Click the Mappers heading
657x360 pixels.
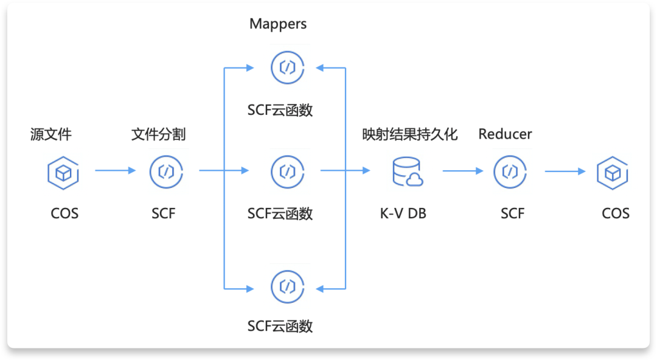[278, 24]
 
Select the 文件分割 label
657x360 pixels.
[159, 134]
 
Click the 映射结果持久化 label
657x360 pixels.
[409, 134]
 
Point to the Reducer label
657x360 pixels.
[505, 134]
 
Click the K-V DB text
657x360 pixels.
[403, 213]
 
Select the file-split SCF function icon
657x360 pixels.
[166, 171]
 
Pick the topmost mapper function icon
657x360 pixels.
[287, 67]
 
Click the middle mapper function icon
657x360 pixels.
[287, 171]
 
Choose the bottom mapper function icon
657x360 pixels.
[287, 286]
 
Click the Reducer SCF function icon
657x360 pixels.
[510, 171]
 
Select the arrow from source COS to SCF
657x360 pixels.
[116, 171]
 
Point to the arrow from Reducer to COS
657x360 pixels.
[565, 171]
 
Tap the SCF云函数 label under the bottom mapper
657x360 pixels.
[280, 326]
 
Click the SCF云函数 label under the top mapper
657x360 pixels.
[280, 110]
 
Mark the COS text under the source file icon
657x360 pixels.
[64, 213]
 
